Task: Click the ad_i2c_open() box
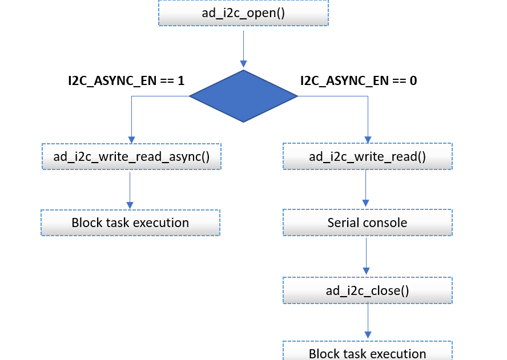pyautogui.click(x=243, y=13)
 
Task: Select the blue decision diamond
pyautogui.click(x=243, y=96)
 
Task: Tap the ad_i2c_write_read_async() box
pyautogui.click(x=131, y=156)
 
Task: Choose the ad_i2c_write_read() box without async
pyautogui.click(x=367, y=156)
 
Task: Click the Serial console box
pyautogui.click(x=367, y=223)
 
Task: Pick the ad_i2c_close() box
pyautogui.click(x=367, y=290)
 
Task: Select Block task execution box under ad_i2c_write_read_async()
pyautogui.click(x=130, y=223)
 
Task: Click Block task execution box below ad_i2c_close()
pyautogui.click(x=367, y=353)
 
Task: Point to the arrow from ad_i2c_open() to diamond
pyautogui.click(x=244, y=48)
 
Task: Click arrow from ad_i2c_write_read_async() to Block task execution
pyautogui.click(x=130, y=189)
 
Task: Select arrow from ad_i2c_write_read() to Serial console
pyautogui.click(x=366, y=188)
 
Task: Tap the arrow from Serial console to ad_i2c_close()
pyautogui.click(x=367, y=256)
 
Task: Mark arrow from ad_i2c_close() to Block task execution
pyautogui.click(x=368, y=321)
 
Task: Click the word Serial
pyautogui.click(x=343, y=223)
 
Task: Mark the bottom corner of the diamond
pyautogui.click(x=244, y=121)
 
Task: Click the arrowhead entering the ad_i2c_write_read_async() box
pyautogui.click(x=132, y=139)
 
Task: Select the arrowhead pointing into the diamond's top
pyautogui.click(x=244, y=64)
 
